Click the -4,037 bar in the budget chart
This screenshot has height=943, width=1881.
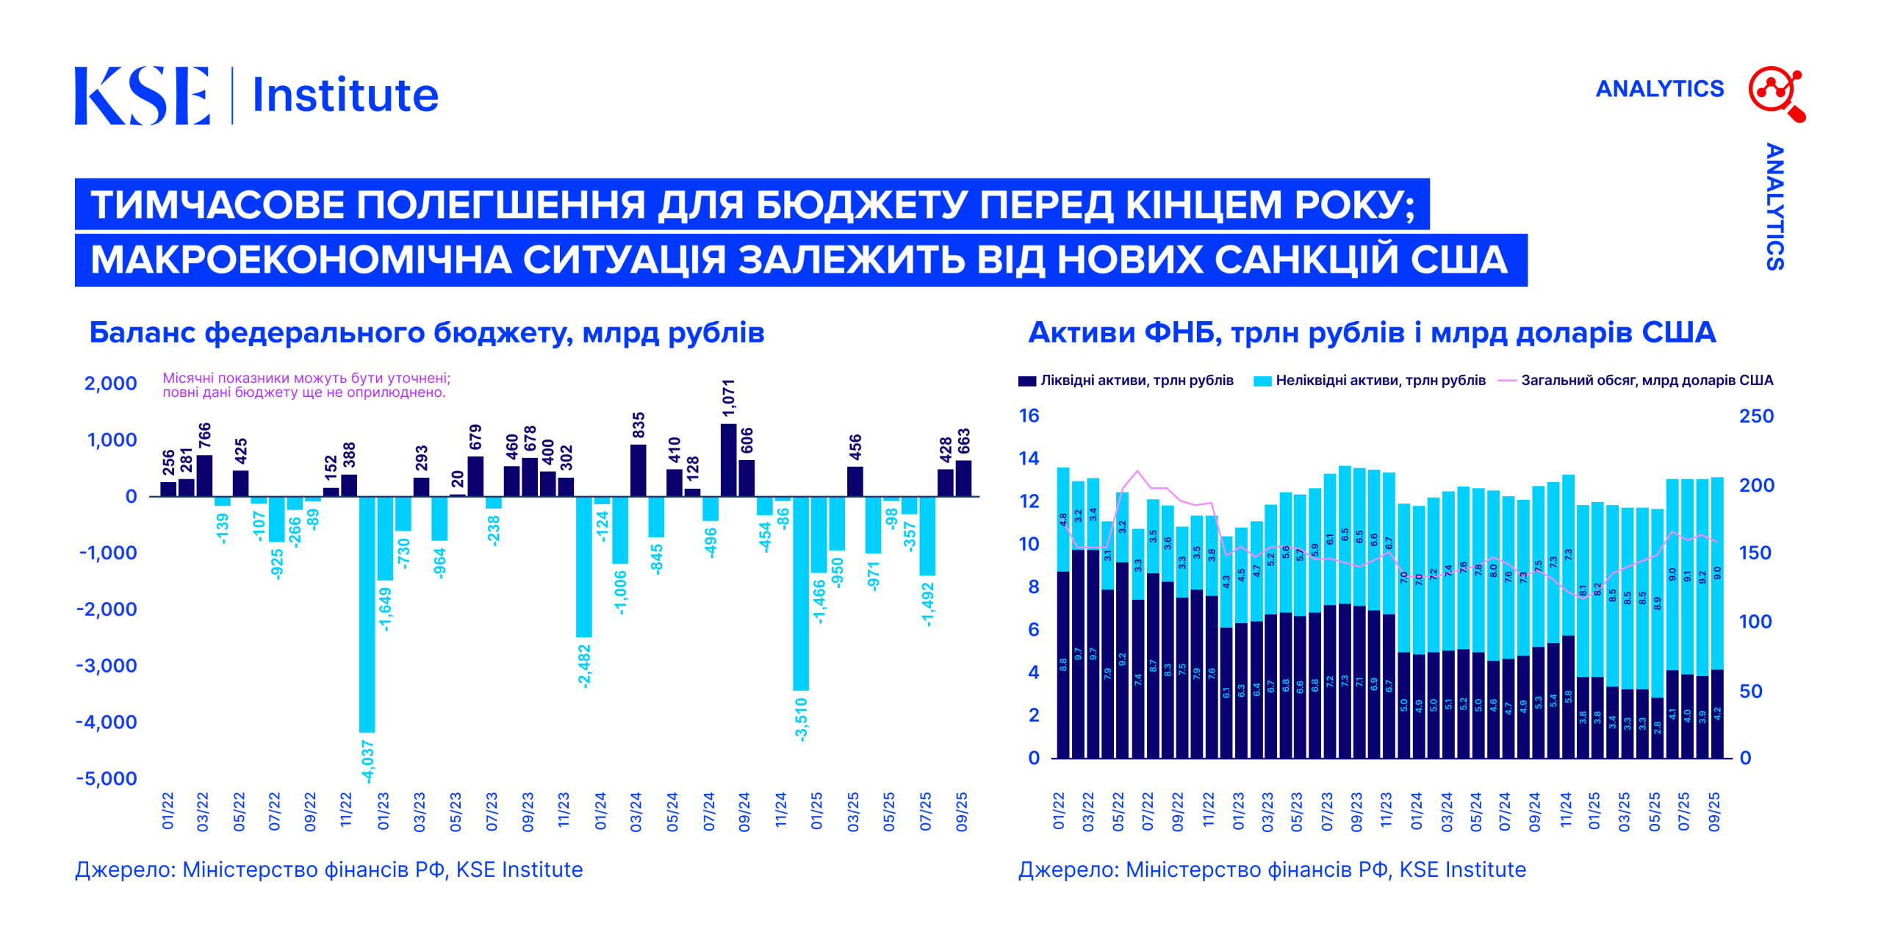pos(367,614)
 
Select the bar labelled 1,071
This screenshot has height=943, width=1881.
pos(728,460)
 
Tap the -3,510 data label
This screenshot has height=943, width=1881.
pos(801,720)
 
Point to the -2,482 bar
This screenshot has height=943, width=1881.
pos(583,567)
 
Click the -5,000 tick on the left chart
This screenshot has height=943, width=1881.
pos(107,778)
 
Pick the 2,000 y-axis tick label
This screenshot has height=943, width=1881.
pos(111,383)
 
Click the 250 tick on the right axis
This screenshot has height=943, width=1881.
pos(1756,416)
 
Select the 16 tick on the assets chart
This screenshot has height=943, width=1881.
pos(1029,415)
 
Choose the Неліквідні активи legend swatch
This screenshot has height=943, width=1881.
pos(1262,381)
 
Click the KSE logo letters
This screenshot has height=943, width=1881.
pos(143,96)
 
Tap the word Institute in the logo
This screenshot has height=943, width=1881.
pos(345,96)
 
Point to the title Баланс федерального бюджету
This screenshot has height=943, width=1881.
pos(426,332)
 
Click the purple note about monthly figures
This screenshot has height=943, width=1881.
pos(306,385)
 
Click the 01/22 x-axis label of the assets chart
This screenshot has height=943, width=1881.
pos(1059,811)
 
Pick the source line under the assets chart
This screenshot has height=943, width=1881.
pos(1272,870)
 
